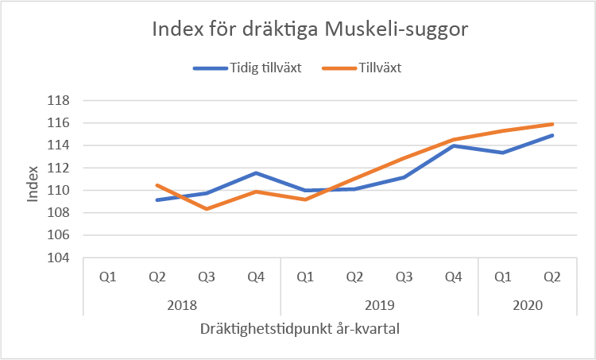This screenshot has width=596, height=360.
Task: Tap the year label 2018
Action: click(x=182, y=304)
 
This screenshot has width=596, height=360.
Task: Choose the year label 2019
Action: click(x=379, y=304)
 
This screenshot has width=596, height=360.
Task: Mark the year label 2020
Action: click(x=528, y=304)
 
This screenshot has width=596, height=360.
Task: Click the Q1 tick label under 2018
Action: click(x=108, y=277)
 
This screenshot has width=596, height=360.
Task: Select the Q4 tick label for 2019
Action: click(x=454, y=277)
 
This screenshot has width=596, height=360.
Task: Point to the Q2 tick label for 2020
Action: click(x=552, y=277)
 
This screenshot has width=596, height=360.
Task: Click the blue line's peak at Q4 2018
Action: click(x=256, y=172)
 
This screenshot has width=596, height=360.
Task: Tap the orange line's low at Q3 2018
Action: click(x=207, y=209)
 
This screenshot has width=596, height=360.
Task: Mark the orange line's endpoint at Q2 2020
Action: click(x=552, y=124)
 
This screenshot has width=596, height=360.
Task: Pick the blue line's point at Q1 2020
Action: click(x=503, y=153)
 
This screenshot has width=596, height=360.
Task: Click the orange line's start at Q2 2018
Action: click(x=157, y=185)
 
